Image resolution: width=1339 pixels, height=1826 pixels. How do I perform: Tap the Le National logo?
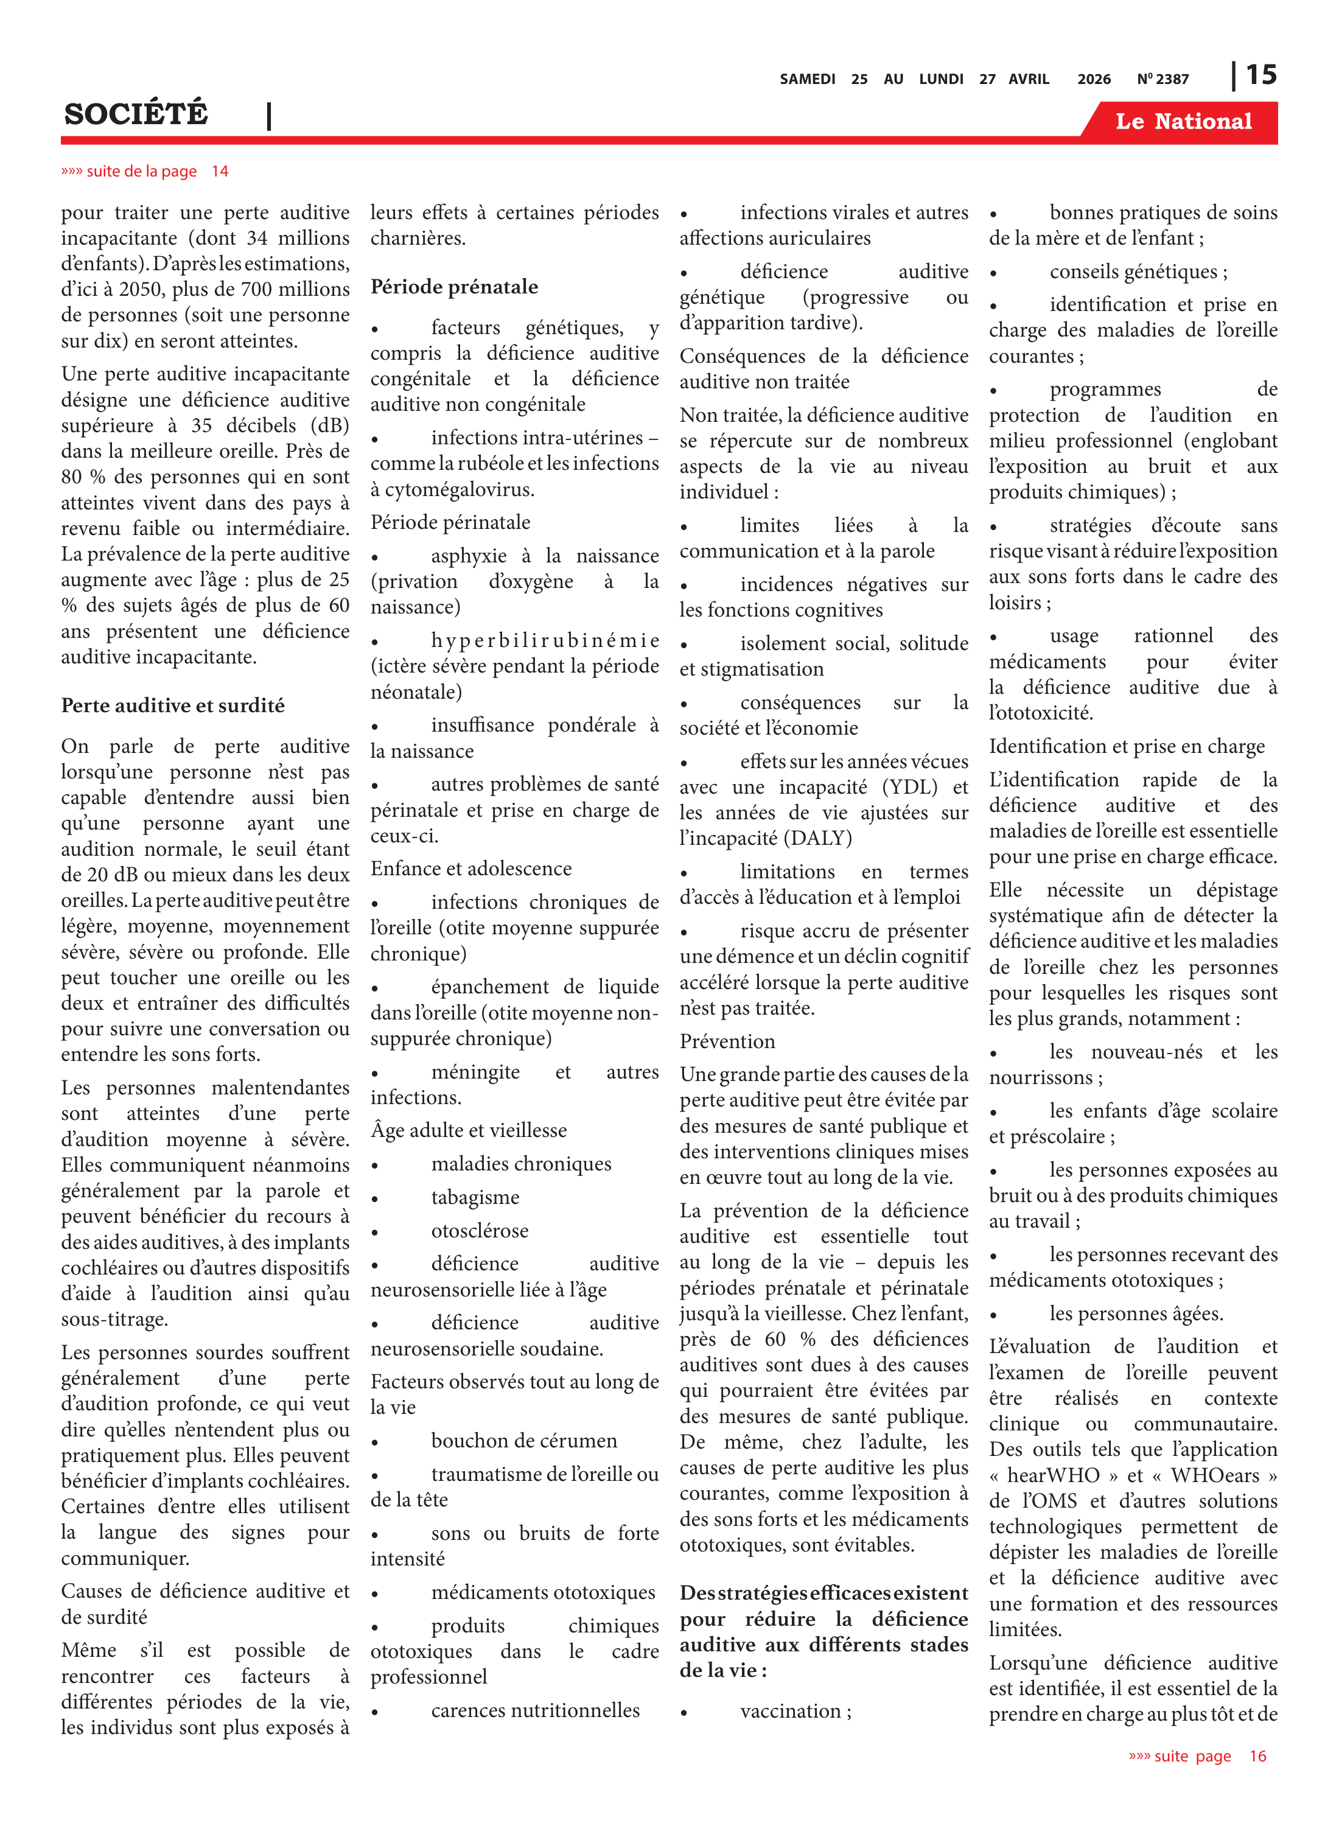point(1183,122)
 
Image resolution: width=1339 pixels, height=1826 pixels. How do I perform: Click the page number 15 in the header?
point(1260,75)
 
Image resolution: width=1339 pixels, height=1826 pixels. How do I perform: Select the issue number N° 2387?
point(1162,79)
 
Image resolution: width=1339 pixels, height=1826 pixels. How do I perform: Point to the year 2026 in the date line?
point(1093,79)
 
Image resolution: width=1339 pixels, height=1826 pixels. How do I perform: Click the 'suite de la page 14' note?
point(145,171)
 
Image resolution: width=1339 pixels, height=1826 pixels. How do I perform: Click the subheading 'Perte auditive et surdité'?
point(173,705)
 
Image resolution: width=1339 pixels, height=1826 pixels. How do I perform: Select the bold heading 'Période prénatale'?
point(454,286)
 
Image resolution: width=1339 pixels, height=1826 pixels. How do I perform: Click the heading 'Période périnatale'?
point(450,522)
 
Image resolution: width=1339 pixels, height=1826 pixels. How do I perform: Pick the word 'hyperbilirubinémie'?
point(545,640)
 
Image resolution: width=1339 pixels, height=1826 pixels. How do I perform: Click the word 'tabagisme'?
point(475,1197)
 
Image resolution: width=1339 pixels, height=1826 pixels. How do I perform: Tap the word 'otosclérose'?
point(479,1230)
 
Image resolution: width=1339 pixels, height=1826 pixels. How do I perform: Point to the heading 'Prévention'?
point(727,1041)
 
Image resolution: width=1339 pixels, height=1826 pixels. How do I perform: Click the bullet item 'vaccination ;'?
point(795,1711)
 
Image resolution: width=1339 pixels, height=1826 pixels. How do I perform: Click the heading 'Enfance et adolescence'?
point(471,869)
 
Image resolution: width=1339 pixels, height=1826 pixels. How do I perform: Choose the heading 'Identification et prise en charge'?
point(1126,746)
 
